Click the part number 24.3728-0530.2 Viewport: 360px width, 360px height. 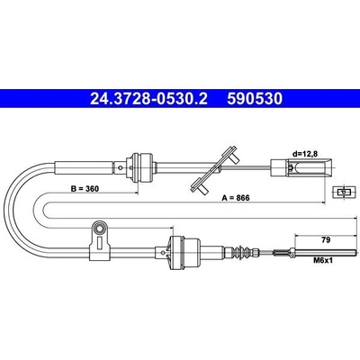coord(148,98)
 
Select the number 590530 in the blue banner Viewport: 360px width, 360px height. coord(255,98)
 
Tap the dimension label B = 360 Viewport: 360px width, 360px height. coord(85,189)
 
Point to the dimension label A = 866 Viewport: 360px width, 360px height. coord(236,198)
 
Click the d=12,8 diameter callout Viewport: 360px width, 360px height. coord(305,154)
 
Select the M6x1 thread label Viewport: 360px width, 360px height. coord(323,261)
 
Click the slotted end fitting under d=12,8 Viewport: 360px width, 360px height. coord(301,167)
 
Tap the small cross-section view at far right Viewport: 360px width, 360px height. coord(345,192)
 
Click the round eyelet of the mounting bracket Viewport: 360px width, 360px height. coord(101,229)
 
